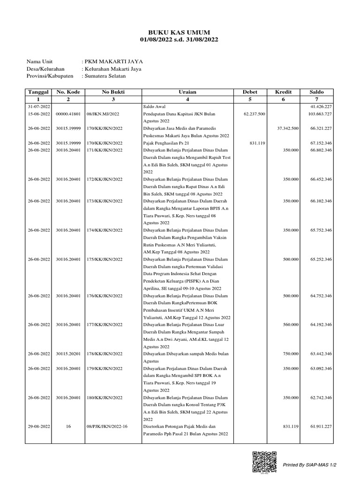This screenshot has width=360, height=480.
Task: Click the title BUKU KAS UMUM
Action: point(180,32)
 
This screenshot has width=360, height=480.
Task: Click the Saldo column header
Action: point(316,92)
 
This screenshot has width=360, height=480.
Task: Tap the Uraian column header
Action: point(187,92)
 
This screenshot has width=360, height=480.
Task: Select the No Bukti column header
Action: point(113,92)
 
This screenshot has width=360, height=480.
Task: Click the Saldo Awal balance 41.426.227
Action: point(321,107)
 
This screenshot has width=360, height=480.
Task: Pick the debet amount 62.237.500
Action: point(255,114)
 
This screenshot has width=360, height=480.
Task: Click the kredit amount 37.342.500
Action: point(288,128)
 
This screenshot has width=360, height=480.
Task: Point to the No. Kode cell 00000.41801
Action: point(68,114)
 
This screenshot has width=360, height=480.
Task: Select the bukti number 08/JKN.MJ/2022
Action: point(103,114)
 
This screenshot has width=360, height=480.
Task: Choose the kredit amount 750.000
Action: point(291,353)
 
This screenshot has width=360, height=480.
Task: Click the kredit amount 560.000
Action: point(291,324)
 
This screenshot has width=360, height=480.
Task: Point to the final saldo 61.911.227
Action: point(321,427)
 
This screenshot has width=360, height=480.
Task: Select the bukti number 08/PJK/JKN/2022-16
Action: point(107,427)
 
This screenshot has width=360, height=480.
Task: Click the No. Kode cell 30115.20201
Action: point(68,353)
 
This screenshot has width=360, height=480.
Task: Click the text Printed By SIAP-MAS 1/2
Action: point(309,465)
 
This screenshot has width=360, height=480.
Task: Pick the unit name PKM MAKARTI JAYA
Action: point(112,61)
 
